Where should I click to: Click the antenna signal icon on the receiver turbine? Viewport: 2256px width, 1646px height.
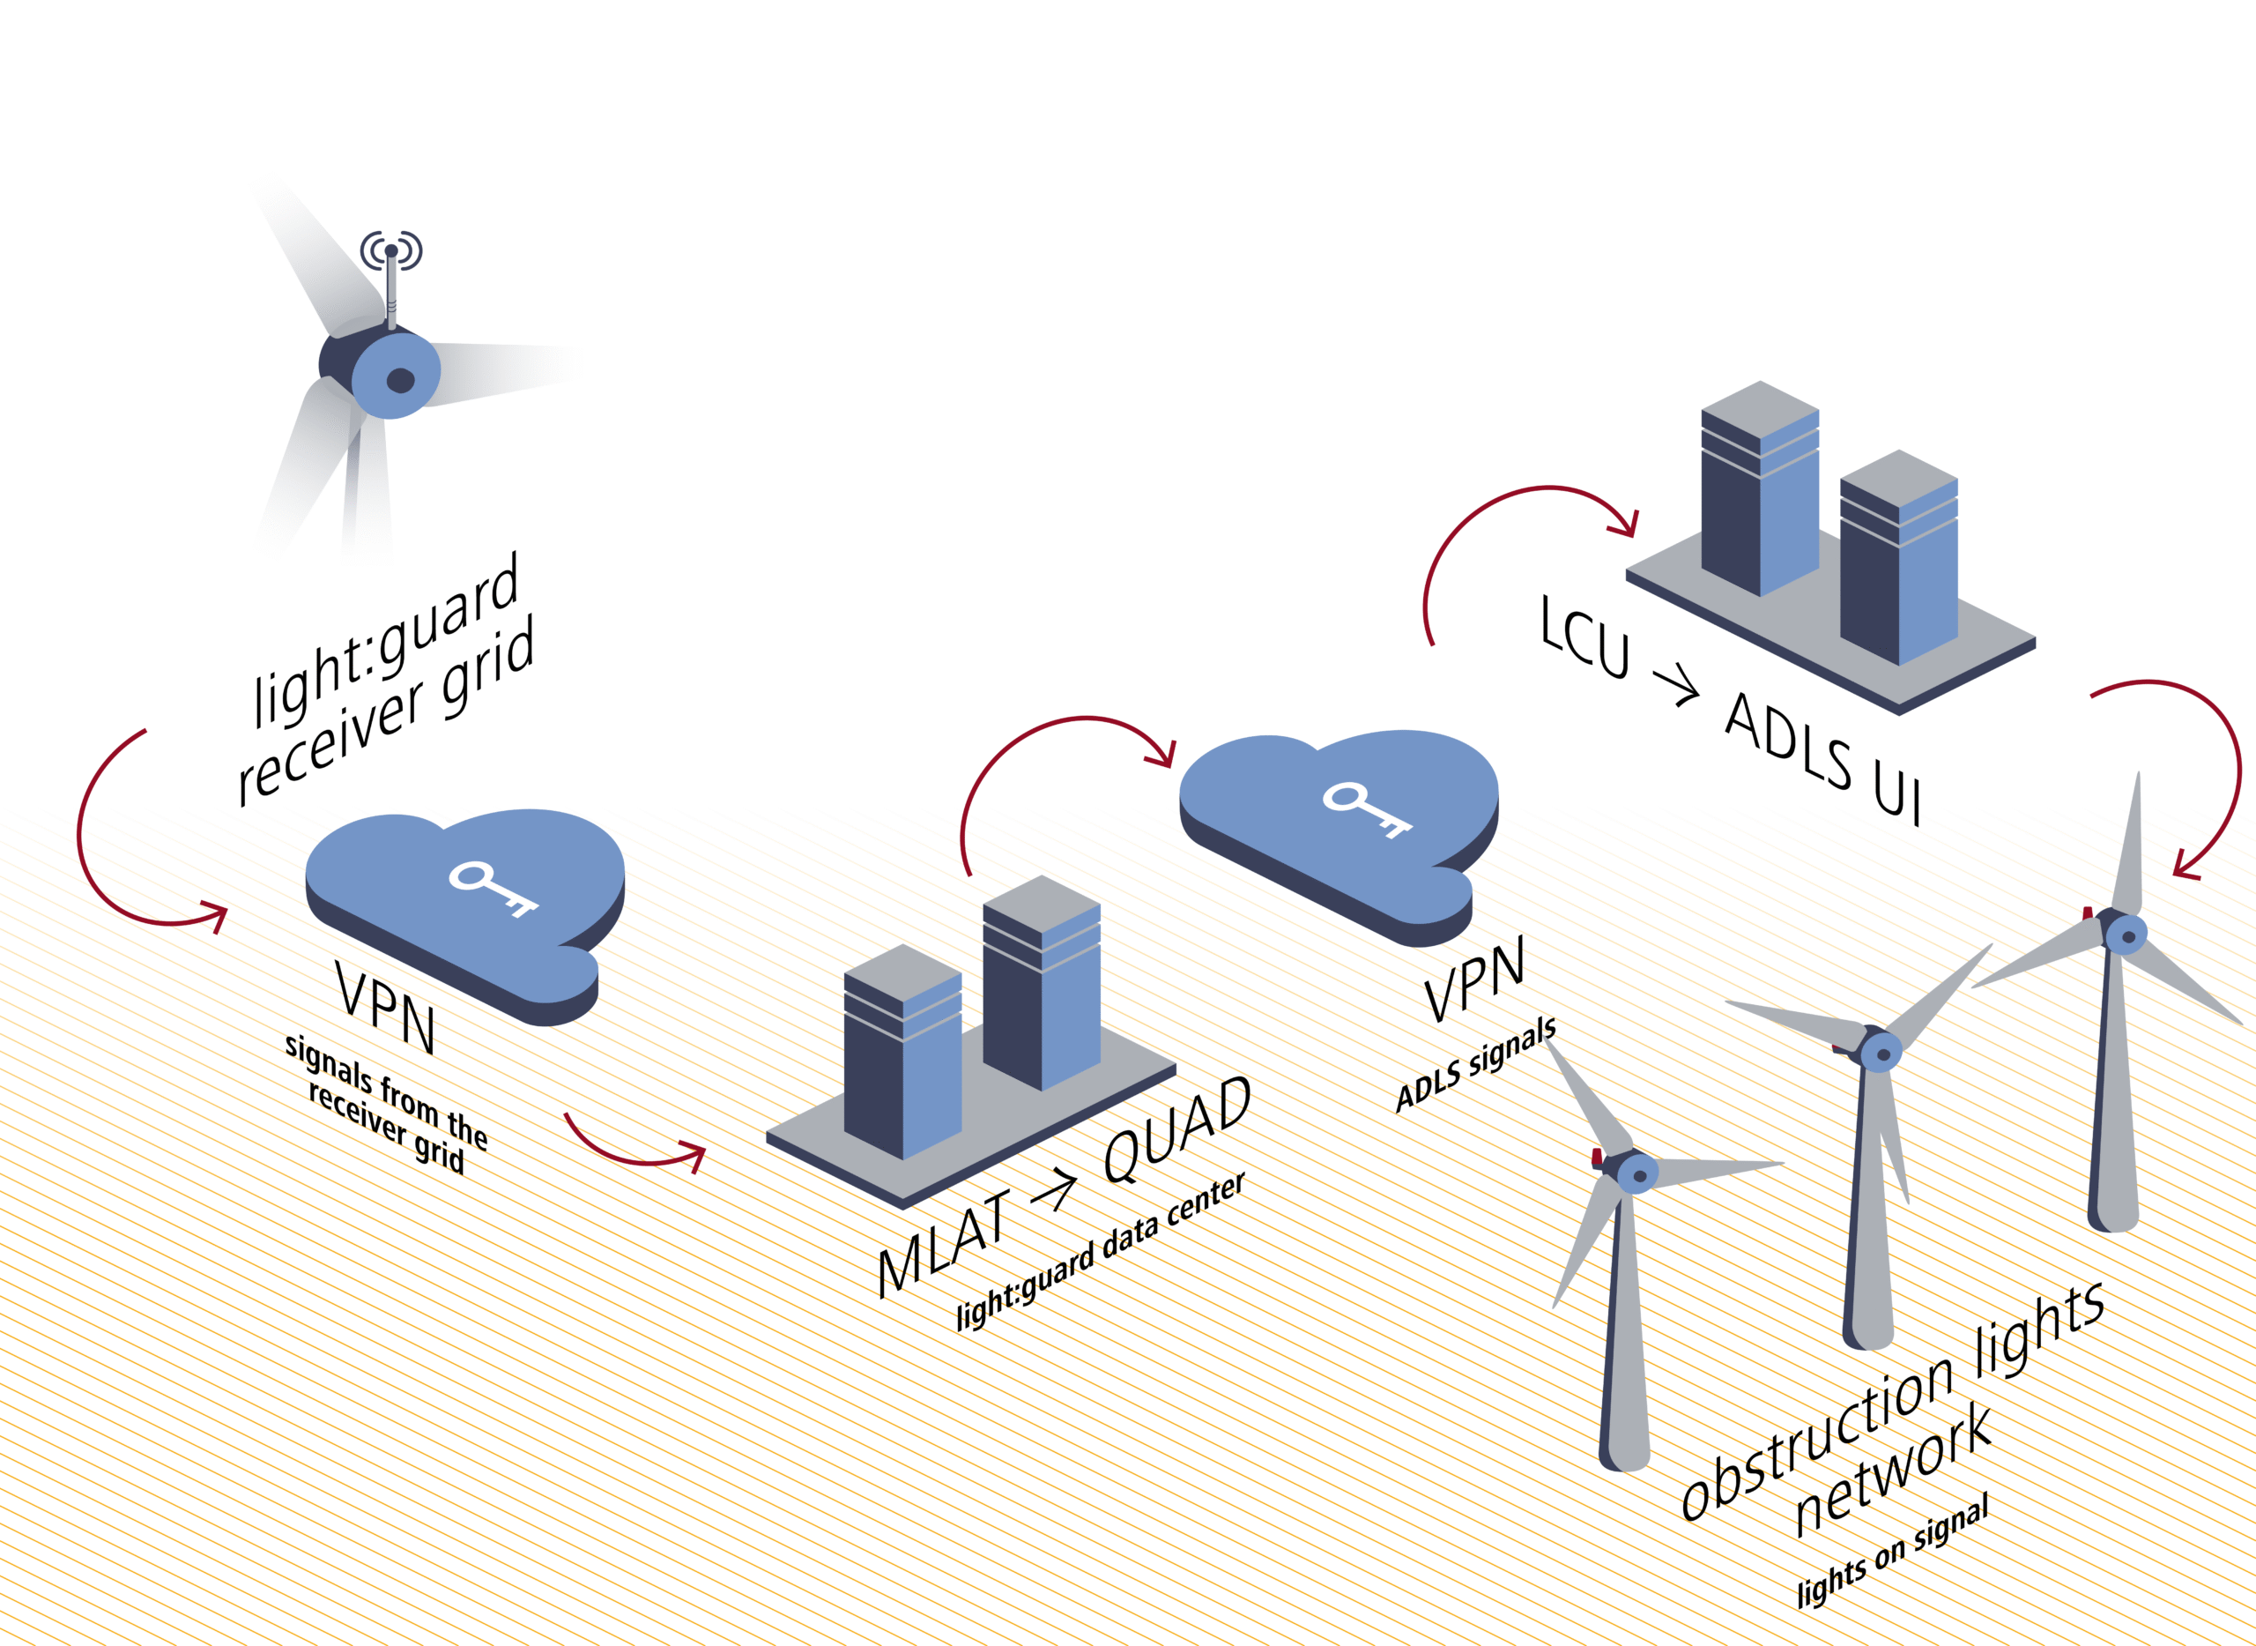tap(391, 250)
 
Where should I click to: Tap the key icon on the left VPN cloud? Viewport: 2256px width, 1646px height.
tap(492, 888)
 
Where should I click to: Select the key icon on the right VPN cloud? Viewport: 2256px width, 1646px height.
tap(1367, 808)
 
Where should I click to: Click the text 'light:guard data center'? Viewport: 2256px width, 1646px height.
tap(1101, 1250)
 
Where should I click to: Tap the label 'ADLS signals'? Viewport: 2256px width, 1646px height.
tap(1475, 1064)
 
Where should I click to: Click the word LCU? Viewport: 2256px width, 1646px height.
tap(1584, 637)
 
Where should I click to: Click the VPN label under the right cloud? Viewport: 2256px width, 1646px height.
tap(1474, 980)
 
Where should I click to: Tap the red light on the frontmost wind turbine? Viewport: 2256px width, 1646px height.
tap(1597, 1157)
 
